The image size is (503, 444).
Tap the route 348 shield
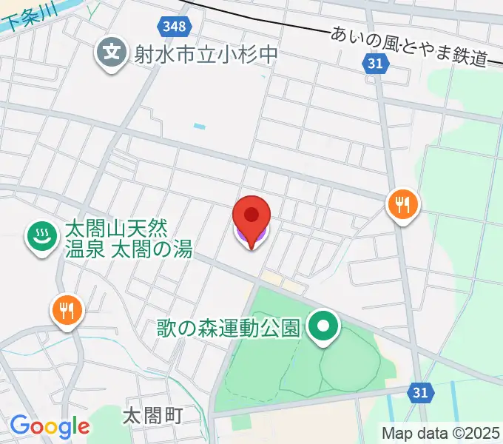click(175, 27)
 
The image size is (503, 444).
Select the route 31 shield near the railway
click(376, 64)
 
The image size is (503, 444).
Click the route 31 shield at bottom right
click(420, 391)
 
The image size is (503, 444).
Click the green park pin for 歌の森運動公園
click(323, 326)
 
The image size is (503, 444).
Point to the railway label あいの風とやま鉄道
click(411, 45)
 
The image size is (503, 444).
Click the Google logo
click(50, 426)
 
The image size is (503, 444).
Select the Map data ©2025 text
click(441, 433)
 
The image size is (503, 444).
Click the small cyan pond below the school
click(199, 127)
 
